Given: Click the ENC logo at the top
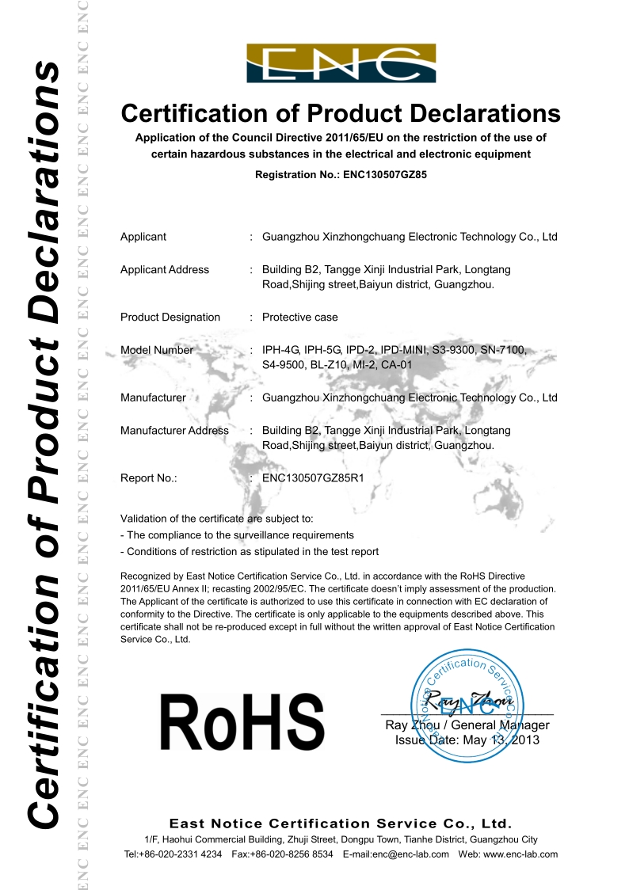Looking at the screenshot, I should point(341,63).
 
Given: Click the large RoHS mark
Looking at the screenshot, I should point(242,722).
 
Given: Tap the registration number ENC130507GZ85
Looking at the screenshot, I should point(386,174).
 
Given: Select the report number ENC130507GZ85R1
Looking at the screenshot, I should point(312,478).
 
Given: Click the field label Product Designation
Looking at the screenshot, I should point(170,318).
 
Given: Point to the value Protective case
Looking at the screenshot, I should point(299,318).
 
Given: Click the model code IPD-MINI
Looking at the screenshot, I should point(403,350).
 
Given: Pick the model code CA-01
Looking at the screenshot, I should point(395,365).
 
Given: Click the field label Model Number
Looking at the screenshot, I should point(157,350).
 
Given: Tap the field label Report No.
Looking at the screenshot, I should point(148,478).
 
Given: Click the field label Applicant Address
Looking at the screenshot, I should point(165,270).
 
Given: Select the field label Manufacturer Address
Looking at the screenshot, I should point(174,431).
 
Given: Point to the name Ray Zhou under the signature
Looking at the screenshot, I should point(410,725).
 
